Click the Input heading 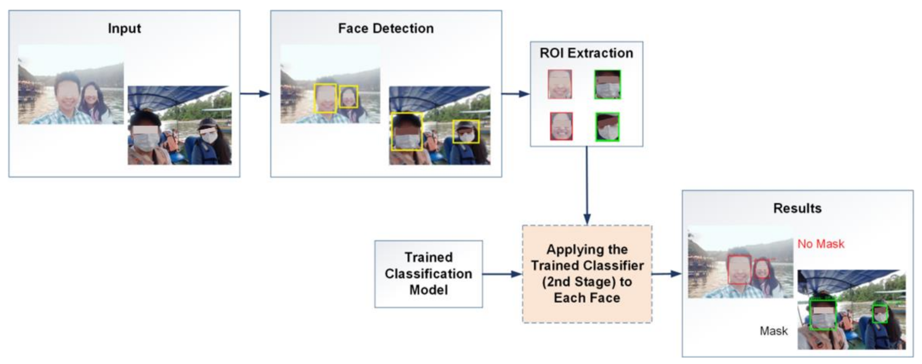click(x=124, y=28)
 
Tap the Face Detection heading click(x=385, y=28)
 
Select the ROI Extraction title click(x=586, y=53)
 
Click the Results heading click(x=797, y=208)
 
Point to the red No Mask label click(x=820, y=244)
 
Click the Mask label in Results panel click(x=773, y=331)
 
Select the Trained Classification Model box click(x=428, y=274)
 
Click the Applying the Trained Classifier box click(x=587, y=274)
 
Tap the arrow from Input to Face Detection click(x=255, y=94)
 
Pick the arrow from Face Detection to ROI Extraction click(x=515, y=94)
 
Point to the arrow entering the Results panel click(x=667, y=274)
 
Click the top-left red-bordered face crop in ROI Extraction click(x=560, y=84)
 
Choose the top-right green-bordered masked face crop click(x=607, y=85)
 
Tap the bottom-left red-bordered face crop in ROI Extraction click(x=561, y=126)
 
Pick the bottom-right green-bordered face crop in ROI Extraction click(x=607, y=127)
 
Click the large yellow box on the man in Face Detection click(x=325, y=98)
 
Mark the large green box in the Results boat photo click(x=823, y=315)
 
